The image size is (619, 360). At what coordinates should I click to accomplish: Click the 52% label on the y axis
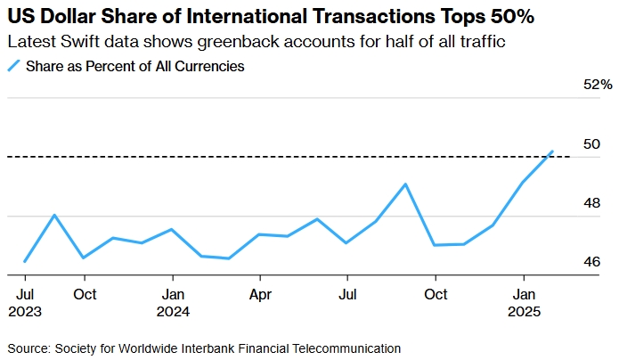[x=598, y=85]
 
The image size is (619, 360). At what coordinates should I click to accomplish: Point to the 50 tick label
[x=590, y=144]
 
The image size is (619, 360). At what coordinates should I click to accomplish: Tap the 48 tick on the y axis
[x=590, y=203]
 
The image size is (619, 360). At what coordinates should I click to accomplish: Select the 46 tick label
[x=590, y=262]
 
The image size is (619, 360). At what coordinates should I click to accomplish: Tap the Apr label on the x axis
[x=259, y=293]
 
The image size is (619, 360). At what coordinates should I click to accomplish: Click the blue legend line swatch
[x=13, y=66]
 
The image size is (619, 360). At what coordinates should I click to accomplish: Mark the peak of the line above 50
[x=553, y=151]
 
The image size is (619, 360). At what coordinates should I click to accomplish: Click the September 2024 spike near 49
[x=405, y=184]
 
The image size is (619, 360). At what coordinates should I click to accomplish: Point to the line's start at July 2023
[x=25, y=261]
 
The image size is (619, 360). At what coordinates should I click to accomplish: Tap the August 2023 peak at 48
[x=54, y=215]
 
